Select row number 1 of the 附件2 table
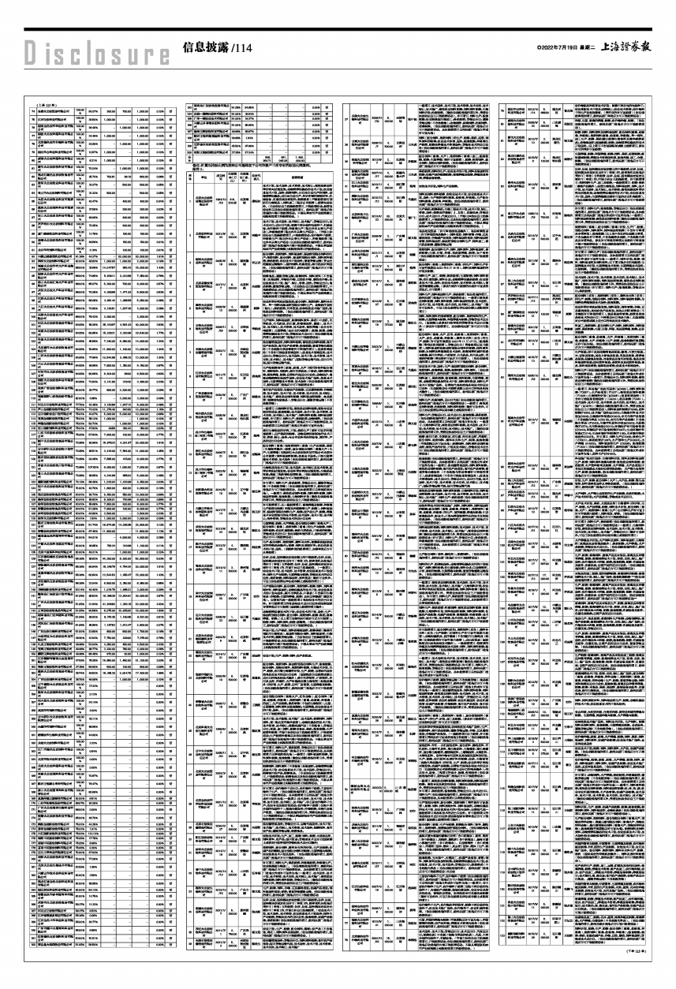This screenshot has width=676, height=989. point(189,201)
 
